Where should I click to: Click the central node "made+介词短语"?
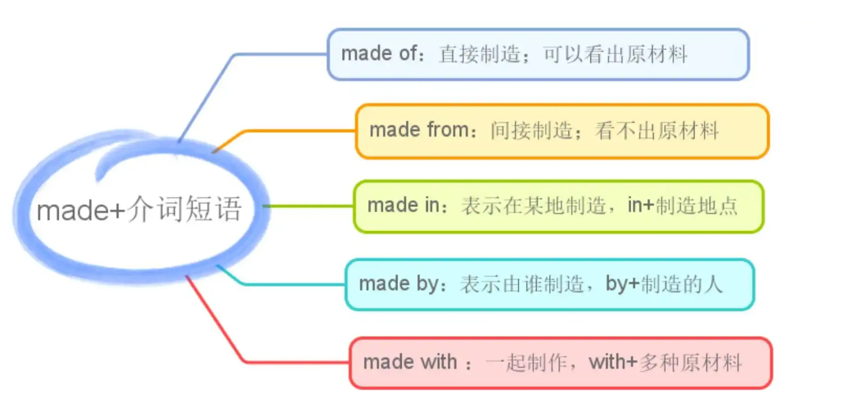click(139, 210)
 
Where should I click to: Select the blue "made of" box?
click(538, 55)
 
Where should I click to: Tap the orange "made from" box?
click(562, 131)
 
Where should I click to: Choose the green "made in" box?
click(558, 206)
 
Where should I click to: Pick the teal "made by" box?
click(548, 285)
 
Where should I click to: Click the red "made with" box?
click(560, 363)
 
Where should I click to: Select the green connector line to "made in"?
click(307, 206)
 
